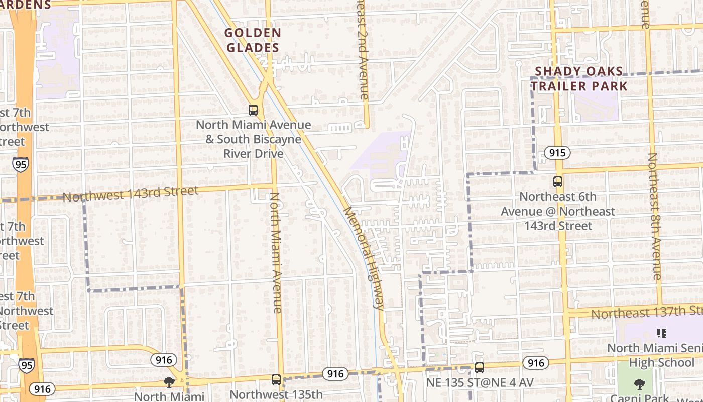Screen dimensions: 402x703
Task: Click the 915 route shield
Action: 557,153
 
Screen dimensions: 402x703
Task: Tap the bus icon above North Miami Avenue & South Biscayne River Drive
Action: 253,110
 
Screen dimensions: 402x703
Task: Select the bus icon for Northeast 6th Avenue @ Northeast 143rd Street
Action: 557,182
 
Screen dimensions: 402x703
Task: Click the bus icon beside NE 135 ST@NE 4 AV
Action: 480,367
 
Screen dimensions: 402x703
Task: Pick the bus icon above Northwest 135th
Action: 276,379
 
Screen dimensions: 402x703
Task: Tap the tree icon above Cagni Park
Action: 639,385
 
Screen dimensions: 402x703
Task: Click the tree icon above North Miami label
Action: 169,382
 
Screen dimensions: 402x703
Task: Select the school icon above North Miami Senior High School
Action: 661,333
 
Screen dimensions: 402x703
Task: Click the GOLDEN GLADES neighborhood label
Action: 253,41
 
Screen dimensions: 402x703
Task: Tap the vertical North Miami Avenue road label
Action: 276,253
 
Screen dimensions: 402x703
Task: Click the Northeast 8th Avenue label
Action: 655,216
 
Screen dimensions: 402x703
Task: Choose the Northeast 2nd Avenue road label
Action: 363,50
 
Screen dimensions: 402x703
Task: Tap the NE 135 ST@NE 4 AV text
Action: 480,383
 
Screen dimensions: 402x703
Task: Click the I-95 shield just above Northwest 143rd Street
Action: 21,164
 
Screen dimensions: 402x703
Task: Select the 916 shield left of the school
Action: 535,363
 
